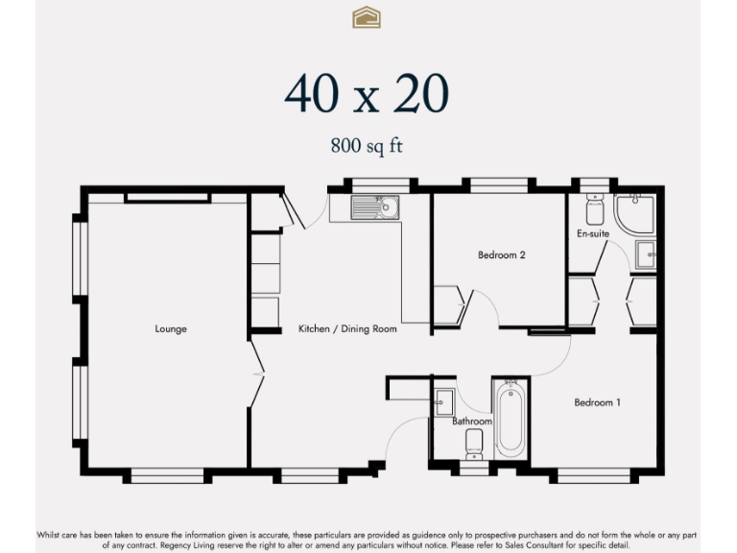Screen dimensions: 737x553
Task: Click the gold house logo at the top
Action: [367, 17]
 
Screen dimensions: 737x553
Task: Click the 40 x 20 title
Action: [367, 93]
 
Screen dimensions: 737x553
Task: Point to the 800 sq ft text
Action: [367, 145]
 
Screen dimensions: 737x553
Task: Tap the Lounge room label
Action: [171, 328]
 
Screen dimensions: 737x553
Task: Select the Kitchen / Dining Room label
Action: [347, 328]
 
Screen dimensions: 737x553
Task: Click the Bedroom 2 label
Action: [502, 254]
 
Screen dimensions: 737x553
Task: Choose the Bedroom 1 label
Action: [598, 402]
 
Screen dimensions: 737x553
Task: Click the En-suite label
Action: [593, 233]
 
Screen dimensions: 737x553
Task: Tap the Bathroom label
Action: [472, 421]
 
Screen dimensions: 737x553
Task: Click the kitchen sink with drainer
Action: [374, 207]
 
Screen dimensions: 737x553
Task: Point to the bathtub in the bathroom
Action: [511, 420]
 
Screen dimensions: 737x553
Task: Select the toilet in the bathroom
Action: [474, 444]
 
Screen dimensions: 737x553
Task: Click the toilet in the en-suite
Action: [595, 209]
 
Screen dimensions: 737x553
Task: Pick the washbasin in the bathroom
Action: [443, 402]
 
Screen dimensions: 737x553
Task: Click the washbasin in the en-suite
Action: [646, 254]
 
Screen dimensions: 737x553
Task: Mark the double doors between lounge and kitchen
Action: [256, 374]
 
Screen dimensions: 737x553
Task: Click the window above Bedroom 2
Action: [498, 185]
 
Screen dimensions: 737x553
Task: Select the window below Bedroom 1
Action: [594, 475]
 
